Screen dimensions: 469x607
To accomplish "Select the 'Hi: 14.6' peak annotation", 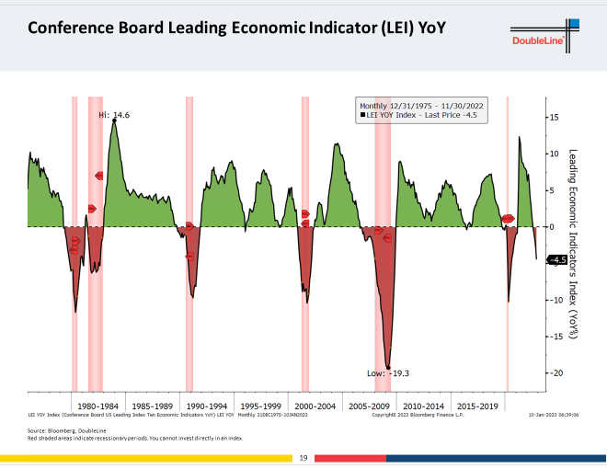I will click(x=115, y=115).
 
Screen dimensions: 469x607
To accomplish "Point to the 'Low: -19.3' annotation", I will click(x=388, y=372).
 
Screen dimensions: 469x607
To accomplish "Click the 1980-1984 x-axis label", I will click(x=97, y=405).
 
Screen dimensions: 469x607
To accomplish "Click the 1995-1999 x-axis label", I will click(x=259, y=405).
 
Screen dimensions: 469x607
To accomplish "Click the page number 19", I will click(x=303, y=457).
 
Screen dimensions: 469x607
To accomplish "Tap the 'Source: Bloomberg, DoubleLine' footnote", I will click(x=62, y=430).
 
